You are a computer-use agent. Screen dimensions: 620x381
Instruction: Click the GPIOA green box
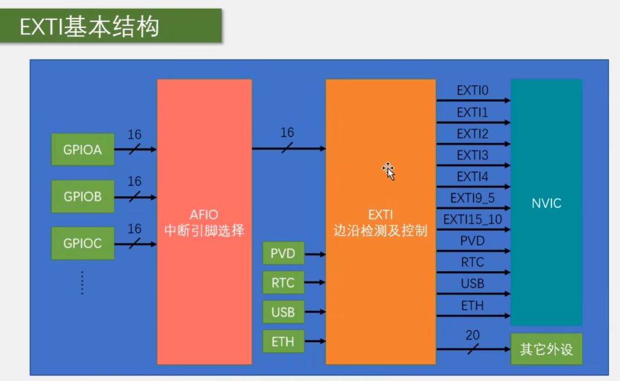(83, 149)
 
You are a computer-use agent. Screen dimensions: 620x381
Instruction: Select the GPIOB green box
(83, 197)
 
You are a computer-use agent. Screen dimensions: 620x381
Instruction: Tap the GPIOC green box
(83, 243)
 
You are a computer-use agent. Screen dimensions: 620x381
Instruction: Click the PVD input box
(283, 254)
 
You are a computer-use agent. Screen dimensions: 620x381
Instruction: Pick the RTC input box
(283, 283)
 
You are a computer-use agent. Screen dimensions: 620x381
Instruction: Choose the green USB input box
(283, 312)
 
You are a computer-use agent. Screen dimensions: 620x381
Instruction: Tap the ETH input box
(283, 341)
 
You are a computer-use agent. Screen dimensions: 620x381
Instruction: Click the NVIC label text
(546, 204)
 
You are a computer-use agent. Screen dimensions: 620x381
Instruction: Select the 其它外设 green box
(546, 350)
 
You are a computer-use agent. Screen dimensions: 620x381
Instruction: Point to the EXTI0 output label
(472, 91)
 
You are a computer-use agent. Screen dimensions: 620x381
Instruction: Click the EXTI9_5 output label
(472, 198)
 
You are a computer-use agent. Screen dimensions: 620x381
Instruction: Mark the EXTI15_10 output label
(472, 219)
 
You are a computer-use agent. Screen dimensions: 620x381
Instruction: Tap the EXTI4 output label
(472, 177)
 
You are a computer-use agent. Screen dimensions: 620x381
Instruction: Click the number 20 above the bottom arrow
(472, 336)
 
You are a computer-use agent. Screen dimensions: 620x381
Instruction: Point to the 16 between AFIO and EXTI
(287, 133)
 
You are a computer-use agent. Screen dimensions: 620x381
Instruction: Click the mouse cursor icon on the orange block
(388, 170)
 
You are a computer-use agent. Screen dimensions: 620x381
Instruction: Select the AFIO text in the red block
(204, 215)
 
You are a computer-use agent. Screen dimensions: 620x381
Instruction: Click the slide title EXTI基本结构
(90, 27)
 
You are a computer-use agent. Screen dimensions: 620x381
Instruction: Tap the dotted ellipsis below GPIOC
(82, 283)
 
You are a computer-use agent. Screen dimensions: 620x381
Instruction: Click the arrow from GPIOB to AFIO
(135, 197)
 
